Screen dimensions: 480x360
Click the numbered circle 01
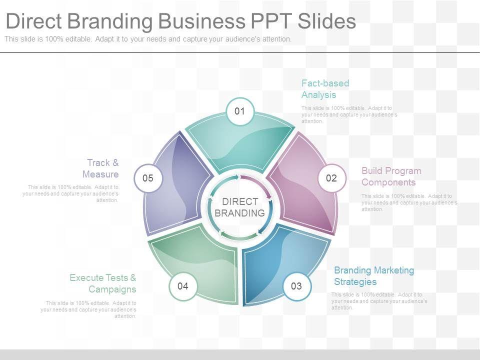point(240,111)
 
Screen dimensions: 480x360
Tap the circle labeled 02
point(331,178)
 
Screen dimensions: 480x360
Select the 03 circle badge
point(296,286)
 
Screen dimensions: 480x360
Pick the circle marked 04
point(182,286)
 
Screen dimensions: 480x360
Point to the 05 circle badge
point(148,178)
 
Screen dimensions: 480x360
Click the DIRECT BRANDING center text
point(240,207)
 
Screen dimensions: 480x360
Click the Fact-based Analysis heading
point(325,89)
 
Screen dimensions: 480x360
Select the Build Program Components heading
point(391,176)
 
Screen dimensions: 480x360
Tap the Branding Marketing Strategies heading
point(374,276)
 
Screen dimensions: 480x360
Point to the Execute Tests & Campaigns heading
point(103,283)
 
